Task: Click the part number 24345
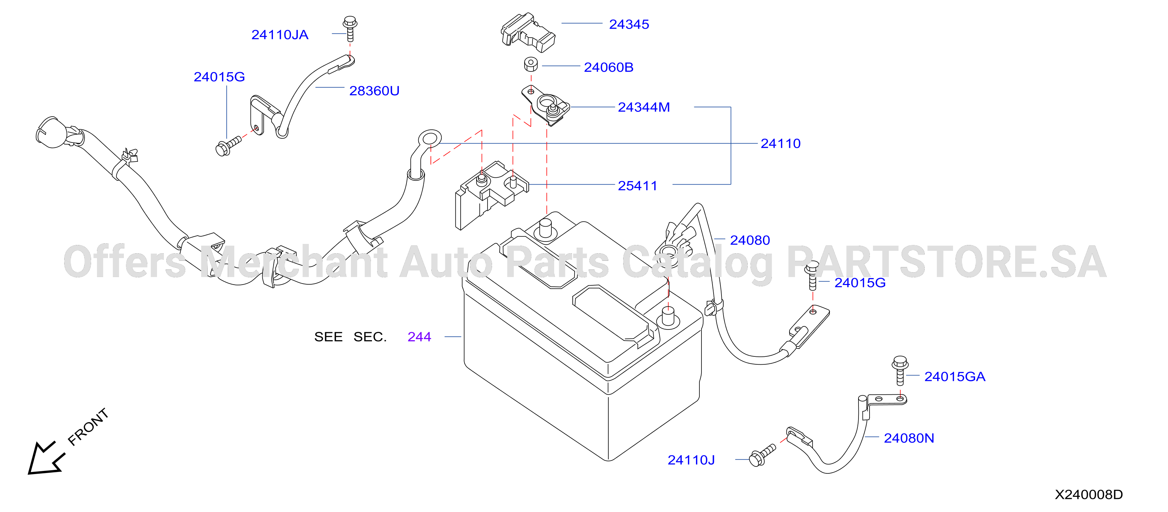(629, 24)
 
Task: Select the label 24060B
(608, 67)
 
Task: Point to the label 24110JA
(280, 35)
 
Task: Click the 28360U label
(374, 91)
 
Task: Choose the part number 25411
(638, 186)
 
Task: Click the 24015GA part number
(954, 377)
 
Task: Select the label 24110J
(691, 460)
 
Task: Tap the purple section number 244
(419, 337)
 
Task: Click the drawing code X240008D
(1089, 495)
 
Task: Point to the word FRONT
(88, 427)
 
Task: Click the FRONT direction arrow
(45, 458)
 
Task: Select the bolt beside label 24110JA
(350, 29)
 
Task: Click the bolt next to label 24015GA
(900, 371)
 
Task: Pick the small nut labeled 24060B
(531, 64)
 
